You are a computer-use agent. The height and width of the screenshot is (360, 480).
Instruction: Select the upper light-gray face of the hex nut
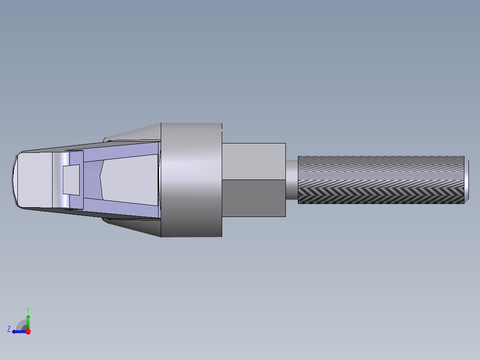pyautogui.click(x=253, y=161)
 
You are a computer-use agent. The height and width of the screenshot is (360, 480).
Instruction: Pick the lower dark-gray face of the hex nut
pyautogui.click(x=253, y=198)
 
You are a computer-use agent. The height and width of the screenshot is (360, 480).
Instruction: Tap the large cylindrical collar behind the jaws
pyautogui.click(x=191, y=180)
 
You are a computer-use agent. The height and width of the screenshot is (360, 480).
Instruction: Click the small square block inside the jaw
pyautogui.click(x=71, y=179)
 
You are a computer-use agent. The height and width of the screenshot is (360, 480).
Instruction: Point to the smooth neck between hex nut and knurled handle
pyautogui.click(x=291, y=180)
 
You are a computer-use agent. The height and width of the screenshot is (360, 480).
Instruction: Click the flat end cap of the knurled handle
pyautogui.click(x=466, y=180)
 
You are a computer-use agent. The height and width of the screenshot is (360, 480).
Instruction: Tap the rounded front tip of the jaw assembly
pyautogui.click(x=13, y=179)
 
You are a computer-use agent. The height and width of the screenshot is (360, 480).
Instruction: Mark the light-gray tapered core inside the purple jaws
pyautogui.click(x=129, y=180)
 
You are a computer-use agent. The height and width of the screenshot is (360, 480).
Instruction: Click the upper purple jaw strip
pyautogui.click(x=120, y=150)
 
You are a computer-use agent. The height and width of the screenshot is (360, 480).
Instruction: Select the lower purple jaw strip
pyautogui.click(x=120, y=210)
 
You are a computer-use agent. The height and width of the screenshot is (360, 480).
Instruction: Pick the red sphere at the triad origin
pyautogui.click(x=28, y=331)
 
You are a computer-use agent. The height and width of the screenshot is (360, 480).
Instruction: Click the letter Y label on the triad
pyautogui.click(x=28, y=309)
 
